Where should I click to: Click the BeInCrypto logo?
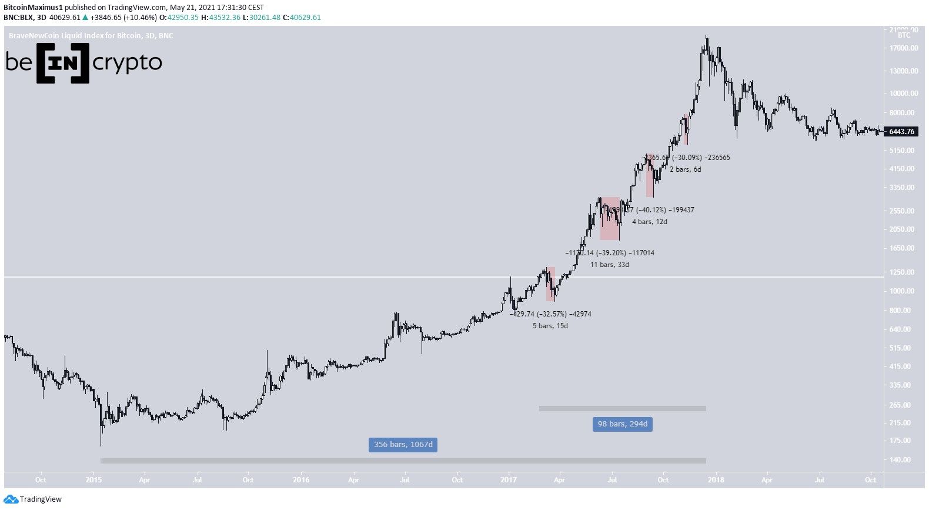pos(83,62)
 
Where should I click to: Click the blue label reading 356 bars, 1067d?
pos(403,444)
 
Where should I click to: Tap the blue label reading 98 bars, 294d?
pos(622,424)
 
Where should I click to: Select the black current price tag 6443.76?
pos(901,132)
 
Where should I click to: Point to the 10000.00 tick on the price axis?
pos(903,94)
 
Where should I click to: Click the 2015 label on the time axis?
pos(93,480)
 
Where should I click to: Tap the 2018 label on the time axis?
pos(716,480)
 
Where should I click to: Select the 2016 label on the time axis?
pos(300,480)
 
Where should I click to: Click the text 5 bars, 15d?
pos(550,326)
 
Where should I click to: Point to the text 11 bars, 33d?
pos(610,265)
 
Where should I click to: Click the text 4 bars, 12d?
pos(650,222)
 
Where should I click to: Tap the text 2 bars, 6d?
pos(686,169)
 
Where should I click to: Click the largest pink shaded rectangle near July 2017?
pos(610,218)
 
